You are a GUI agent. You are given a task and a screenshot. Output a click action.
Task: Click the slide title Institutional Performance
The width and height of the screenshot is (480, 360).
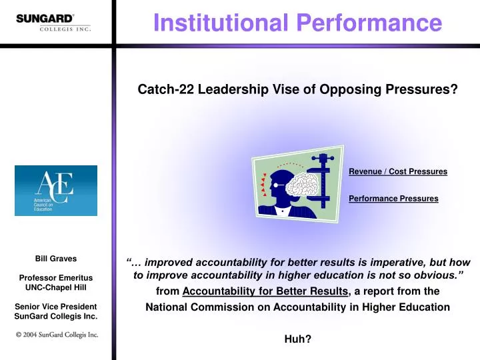[297, 23]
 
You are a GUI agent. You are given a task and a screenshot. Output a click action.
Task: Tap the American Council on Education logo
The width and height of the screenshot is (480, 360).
[56, 191]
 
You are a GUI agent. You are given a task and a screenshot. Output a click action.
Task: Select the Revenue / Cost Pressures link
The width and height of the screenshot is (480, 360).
[397, 172]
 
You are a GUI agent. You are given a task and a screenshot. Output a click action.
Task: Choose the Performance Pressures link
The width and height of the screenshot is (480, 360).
[393, 199]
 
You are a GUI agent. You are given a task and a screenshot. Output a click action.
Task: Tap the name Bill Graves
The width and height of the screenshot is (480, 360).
[56, 259]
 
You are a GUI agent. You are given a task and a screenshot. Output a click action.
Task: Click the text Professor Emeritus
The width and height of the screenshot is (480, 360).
[56, 277]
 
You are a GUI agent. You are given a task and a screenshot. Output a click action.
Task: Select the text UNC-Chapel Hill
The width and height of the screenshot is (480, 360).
[56, 287]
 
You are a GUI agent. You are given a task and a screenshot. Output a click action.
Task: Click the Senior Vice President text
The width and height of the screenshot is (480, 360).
[56, 306]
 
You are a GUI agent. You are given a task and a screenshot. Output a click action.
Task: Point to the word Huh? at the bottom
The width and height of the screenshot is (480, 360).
[297, 339]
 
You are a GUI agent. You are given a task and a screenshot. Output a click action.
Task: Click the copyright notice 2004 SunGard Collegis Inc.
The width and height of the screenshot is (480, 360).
[57, 335]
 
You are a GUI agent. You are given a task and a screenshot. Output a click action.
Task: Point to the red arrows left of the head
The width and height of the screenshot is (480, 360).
[264, 185]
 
